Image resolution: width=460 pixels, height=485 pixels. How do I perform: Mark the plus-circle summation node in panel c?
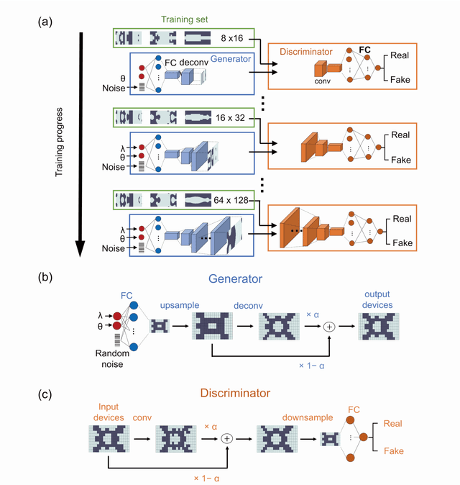228,437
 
